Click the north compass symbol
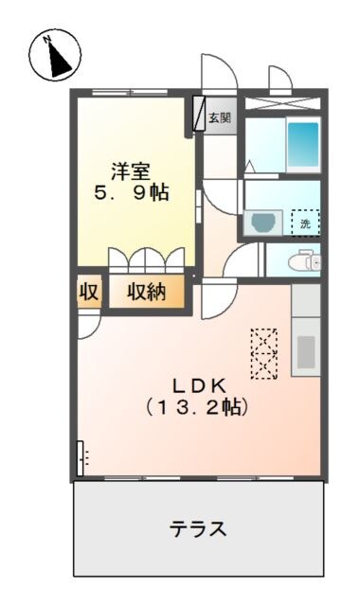pyautogui.click(x=55, y=55)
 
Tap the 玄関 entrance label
pyautogui.click(x=220, y=118)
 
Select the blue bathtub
pyautogui.click(x=303, y=144)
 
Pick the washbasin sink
pyautogui.click(x=261, y=223)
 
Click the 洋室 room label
pyautogui.click(x=131, y=171)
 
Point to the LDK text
pyautogui.click(x=197, y=385)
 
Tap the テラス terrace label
pyautogui.click(x=198, y=528)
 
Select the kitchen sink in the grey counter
pyautogui.click(x=306, y=351)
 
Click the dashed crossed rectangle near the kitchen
pyautogui.click(x=264, y=353)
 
